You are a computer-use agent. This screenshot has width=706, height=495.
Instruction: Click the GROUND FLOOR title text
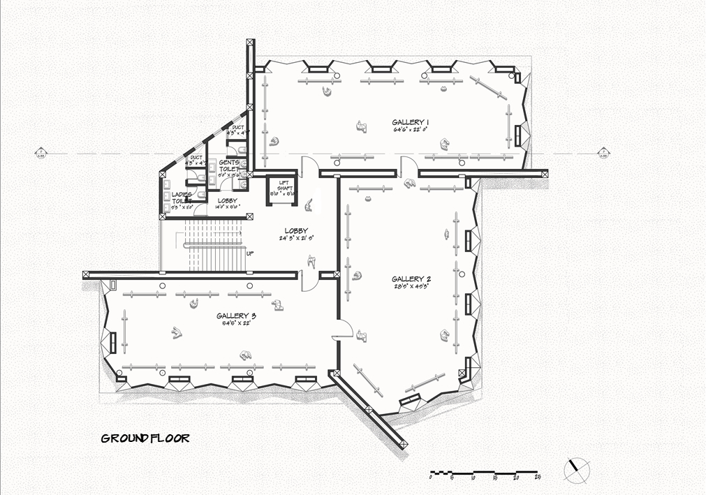pos(145,438)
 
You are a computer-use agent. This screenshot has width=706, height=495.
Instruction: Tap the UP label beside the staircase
pos(249,253)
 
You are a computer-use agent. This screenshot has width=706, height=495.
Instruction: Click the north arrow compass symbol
pos(577,468)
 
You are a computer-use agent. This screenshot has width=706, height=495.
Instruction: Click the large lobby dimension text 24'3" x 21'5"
pos(296,238)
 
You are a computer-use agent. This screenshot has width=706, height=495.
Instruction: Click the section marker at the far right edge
pos(603,152)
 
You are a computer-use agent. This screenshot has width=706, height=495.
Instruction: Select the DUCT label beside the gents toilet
pos(238,128)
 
